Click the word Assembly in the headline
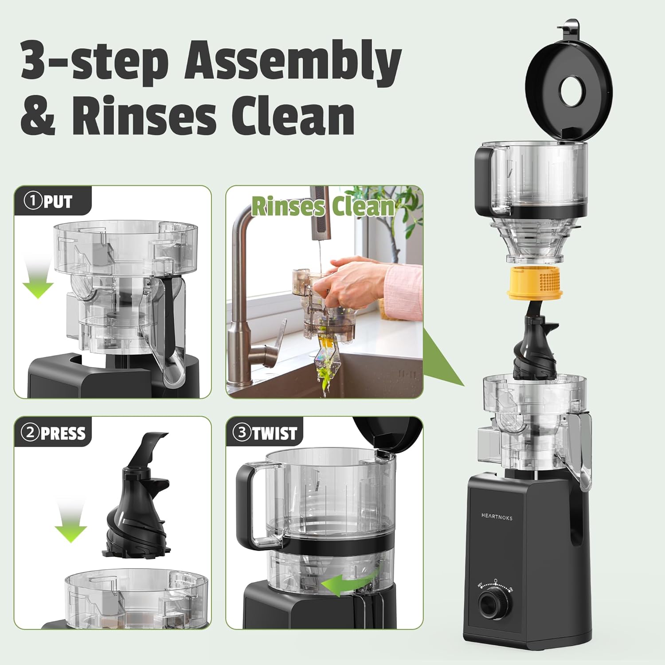[x=293, y=62]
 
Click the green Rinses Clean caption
[x=323, y=207]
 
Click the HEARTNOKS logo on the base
[x=497, y=516]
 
